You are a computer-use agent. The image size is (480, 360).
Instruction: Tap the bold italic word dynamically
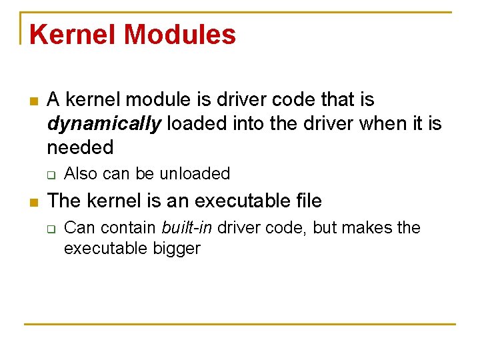[x=105, y=123]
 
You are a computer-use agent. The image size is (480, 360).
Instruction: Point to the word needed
[x=80, y=147]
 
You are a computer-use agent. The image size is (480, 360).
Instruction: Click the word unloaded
[x=194, y=174]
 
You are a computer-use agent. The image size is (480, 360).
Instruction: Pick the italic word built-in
[x=187, y=228]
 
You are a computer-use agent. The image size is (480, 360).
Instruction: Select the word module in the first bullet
[x=157, y=100]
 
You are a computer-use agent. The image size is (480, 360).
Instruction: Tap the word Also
[x=81, y=174]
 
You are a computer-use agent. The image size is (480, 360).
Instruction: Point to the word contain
[x=131, y=228]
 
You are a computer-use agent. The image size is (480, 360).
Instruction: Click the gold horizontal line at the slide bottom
[x=240, y=325]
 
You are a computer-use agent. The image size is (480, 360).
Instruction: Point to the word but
[x=325, y=228]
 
